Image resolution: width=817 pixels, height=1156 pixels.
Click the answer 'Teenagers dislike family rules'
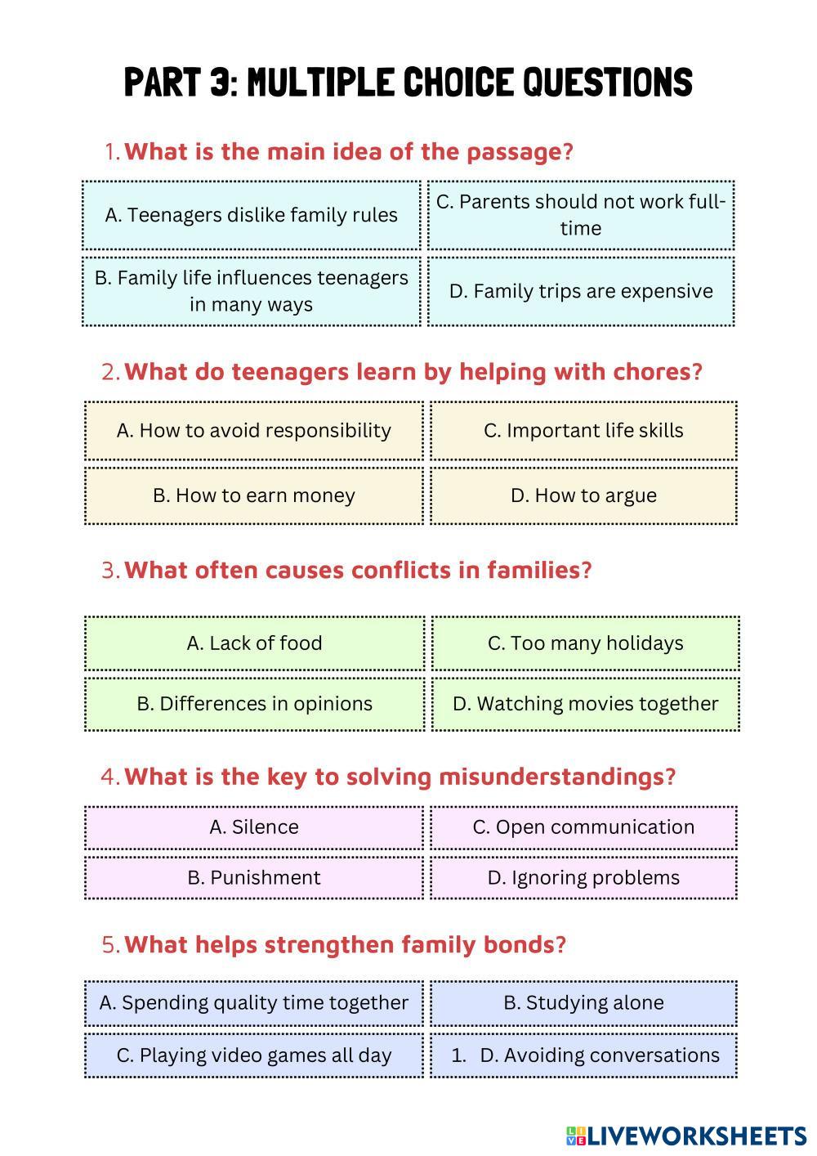click(x=251, y=215)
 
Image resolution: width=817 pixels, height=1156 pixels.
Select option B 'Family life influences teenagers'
click(x=251, y=291)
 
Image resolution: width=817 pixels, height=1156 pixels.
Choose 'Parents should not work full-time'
click(x=581, y=215)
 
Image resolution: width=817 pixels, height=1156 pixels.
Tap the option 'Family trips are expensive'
click(x=581, y=291)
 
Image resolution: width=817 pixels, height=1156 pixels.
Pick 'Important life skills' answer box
click(x=583, y=430)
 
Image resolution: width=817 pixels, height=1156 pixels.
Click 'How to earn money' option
click(x=254, y=495)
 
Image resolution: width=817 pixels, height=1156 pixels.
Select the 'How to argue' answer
click(x=583, y=495)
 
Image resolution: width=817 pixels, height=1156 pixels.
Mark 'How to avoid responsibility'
click(x=254, y=430)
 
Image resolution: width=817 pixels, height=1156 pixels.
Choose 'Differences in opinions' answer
click(x=254, y=704)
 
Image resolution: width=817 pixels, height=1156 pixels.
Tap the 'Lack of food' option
click(x=254, y=643)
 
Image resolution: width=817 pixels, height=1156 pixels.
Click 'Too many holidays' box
click(x=585, y=643)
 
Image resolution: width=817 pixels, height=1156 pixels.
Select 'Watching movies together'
click(x=585, y=704)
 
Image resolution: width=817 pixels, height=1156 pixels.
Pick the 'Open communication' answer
click(x=583, y=827)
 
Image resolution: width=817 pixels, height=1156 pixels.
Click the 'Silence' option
click(x=254, y=827)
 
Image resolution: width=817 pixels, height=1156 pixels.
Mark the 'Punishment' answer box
click(x=254, y=878)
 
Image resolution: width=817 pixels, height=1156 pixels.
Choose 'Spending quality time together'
click(x=254, y=1003)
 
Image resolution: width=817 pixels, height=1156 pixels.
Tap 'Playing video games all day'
click(x=254, y=1055)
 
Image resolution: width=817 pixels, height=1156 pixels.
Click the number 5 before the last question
click(x=109, y=945)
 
